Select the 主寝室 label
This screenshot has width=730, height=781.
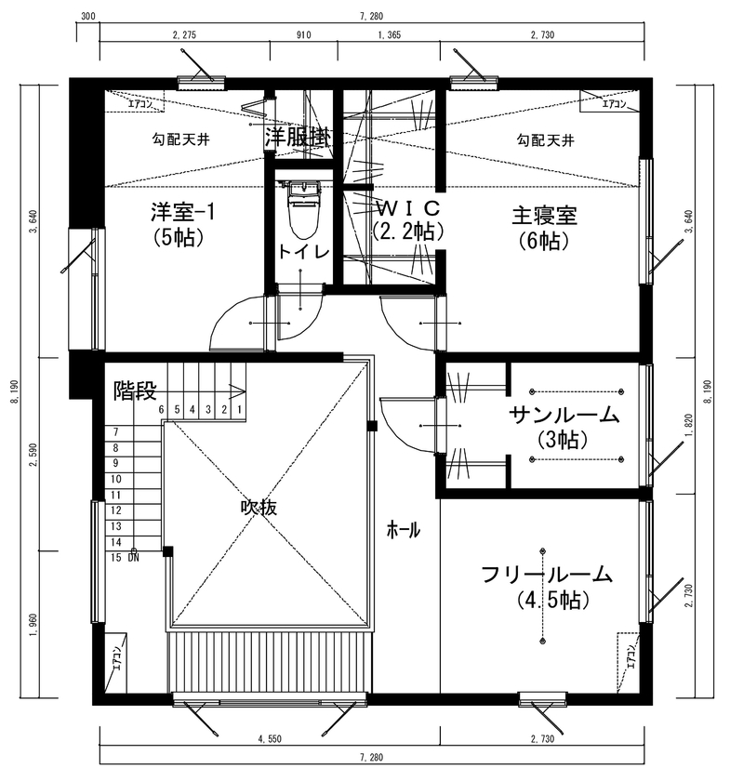tap(544, 216)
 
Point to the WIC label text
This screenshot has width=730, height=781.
tap(406, 205)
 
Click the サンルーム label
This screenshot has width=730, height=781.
tap(564, 415)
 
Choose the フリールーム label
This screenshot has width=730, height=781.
tap(547, 575)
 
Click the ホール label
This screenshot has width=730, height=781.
tap(403, 531)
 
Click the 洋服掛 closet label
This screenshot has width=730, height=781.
tap(298, 137)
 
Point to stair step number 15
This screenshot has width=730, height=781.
tap(117, 558)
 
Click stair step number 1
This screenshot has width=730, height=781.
tap(239, 409)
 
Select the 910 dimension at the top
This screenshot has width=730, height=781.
tap(303, 34)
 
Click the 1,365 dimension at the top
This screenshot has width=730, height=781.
tap(389, 34)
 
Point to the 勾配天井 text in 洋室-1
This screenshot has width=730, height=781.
tap(174, 140)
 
